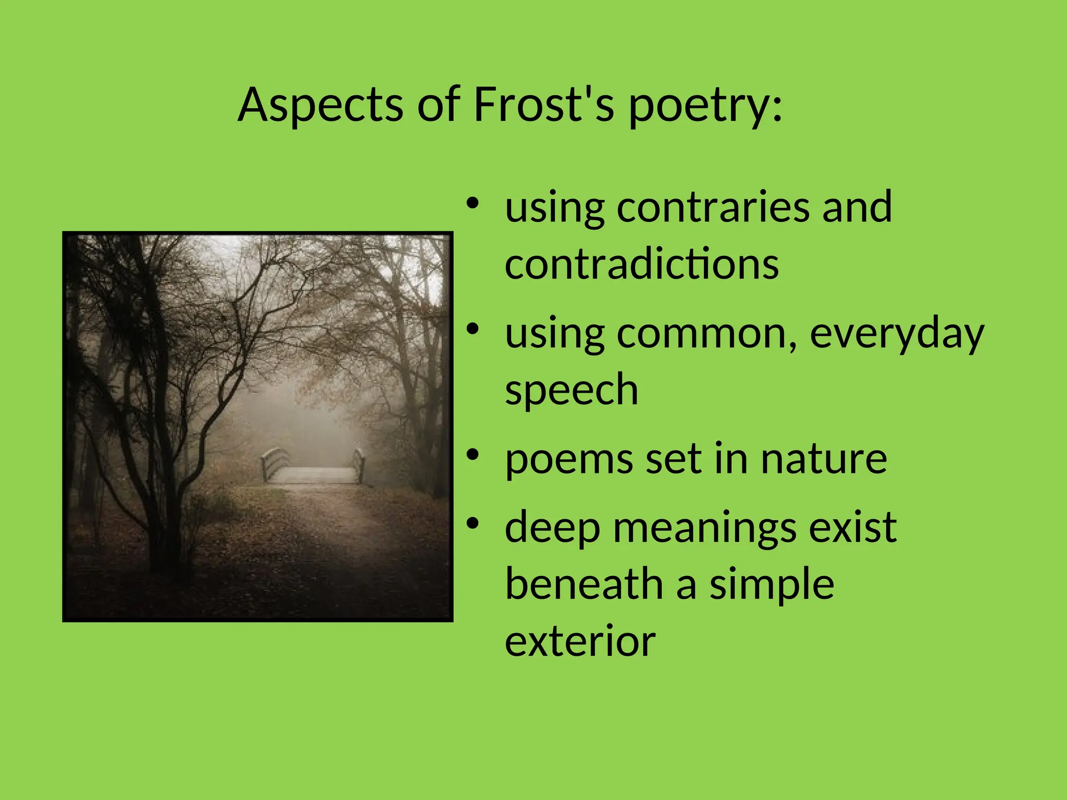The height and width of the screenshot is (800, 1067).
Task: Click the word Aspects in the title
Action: [320, 106]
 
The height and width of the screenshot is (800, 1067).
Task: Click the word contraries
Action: [713, 207]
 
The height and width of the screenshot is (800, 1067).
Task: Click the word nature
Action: [823, 459]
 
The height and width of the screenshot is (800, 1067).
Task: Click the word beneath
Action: [584, 584]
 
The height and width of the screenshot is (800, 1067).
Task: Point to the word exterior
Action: [580, 642]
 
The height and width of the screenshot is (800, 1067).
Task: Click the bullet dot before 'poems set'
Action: [473, 455]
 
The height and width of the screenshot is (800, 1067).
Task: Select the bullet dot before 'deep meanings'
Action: [473, 523]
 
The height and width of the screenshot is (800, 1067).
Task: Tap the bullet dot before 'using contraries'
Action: [473, 203]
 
